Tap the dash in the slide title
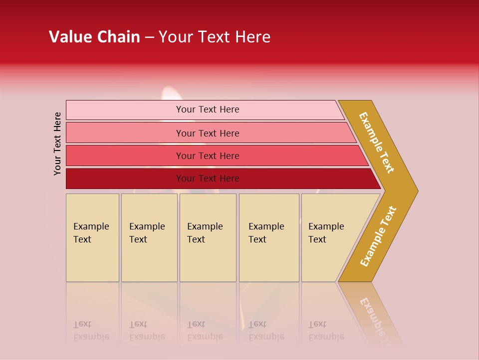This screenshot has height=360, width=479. pyautogui.click(x=149, y=37)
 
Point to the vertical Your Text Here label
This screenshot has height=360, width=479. pyautogui.click(x=57, y=143)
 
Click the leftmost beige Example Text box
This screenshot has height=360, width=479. pyautogui.click(x=92, y=237)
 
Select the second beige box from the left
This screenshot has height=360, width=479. pyautogui.click(x=149, y=237)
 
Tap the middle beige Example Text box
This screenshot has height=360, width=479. pyautogui.click(x=208, y=237)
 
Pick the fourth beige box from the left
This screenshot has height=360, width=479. pyautogui.click(x=269, y=237)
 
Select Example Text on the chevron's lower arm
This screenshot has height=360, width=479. pyautogui.click(x=378, y=236)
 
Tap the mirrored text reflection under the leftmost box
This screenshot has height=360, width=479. pyautogui.click(x=91, y=330)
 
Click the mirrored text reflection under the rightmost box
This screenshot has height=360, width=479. pyautogui.click(x=326, y=330)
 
